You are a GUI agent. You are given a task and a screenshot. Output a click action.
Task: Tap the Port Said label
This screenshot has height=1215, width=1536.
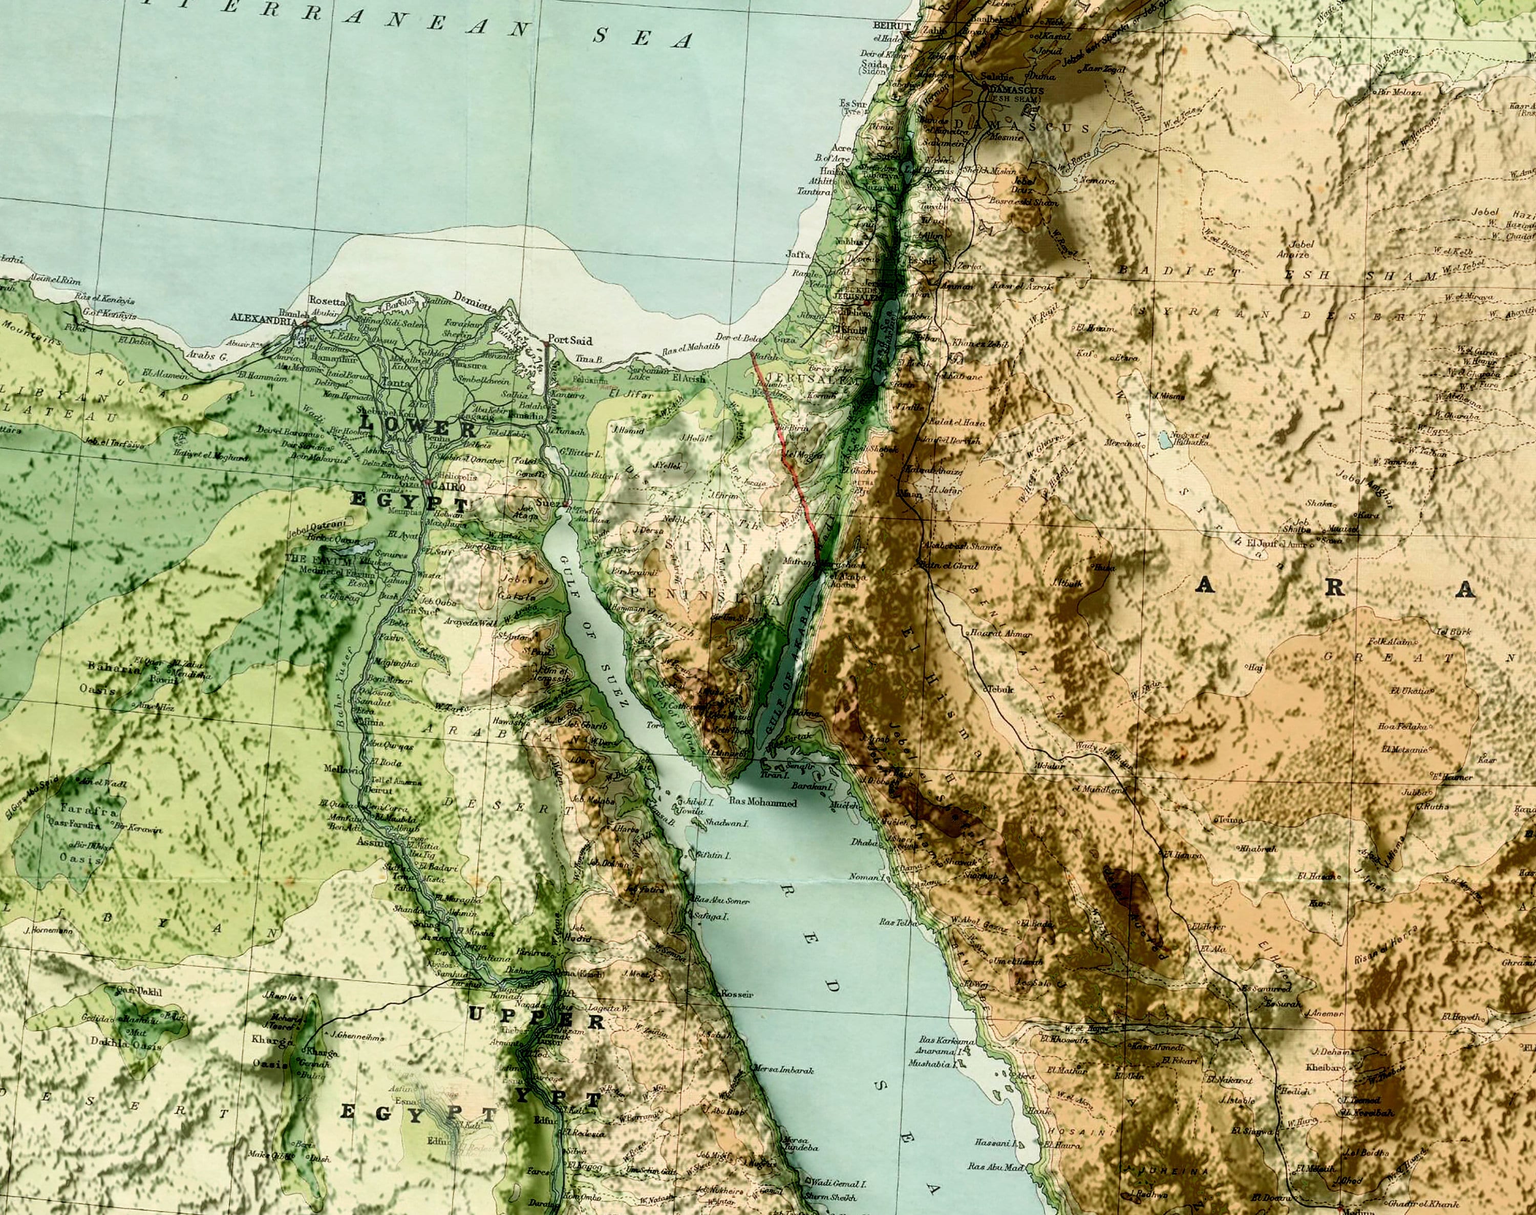[570, 340]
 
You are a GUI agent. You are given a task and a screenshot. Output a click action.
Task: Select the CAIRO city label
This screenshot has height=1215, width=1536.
[451, 487]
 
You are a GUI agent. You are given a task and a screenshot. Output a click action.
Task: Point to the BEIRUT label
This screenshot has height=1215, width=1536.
[891, 26]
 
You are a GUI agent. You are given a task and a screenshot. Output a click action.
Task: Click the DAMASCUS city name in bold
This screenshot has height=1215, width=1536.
[1015, 91]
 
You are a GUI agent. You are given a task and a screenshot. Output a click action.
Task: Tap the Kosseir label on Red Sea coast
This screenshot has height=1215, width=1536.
[737, 994]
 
